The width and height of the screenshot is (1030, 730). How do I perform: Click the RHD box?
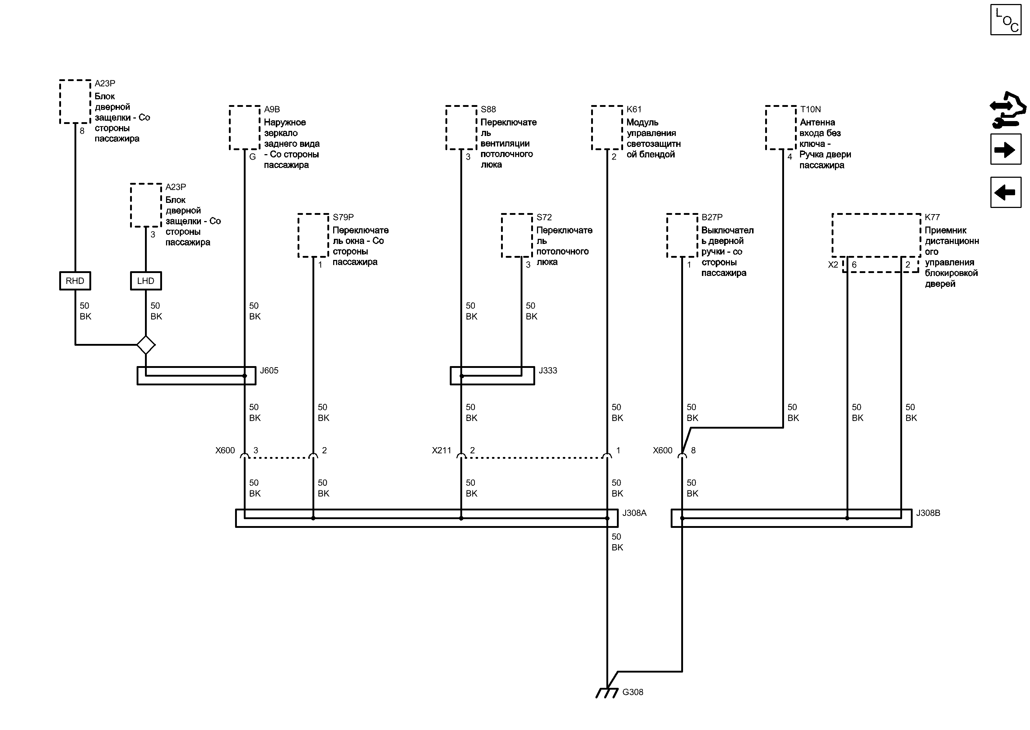(75, 281)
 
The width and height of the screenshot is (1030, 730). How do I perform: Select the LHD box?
(146, 281)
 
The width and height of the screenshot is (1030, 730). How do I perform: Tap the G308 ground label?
(633, 692)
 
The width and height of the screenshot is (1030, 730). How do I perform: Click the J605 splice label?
(269, 371)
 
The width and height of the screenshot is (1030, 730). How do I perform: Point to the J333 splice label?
(548, 371)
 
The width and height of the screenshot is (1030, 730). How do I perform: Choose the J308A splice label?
(634, 513)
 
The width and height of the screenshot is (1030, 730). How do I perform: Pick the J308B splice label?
(928, 513)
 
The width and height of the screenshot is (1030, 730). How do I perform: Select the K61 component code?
(634, 109)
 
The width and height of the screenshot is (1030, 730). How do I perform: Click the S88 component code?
(488, 109)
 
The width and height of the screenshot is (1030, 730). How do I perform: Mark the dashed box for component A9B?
(245, 128)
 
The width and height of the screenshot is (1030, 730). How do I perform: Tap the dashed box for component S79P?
(314, 236)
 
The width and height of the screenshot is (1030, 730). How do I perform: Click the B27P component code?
(712, 217)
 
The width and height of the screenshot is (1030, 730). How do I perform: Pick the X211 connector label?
(441, 450)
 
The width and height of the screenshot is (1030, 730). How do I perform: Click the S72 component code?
(544, 217)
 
